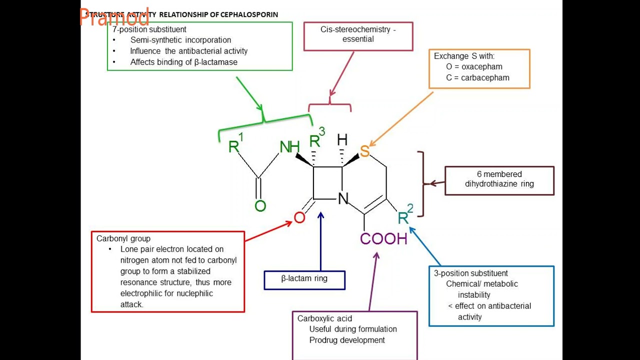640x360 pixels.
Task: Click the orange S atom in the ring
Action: pos(364,151)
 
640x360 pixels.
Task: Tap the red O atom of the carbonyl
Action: pos(299,217)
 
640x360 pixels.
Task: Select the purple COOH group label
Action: pos(383,239)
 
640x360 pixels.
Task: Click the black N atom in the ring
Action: pos(343,199)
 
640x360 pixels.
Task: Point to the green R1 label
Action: pos(235,144)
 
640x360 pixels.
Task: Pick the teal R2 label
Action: pos(404,216)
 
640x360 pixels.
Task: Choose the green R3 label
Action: pos(316,139)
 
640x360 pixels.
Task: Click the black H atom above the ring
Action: pos(342,139)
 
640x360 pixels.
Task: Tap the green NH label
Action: pos(289,147)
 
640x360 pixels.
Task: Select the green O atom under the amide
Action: pos(260,205)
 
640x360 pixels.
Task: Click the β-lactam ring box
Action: pos(304,279)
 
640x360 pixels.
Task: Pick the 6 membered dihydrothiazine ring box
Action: pos(499,179)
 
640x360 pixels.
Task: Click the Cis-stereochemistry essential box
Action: pos(358,34)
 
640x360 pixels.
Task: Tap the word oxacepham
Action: pos(481,66)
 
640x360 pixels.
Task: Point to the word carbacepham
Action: pos(485,77)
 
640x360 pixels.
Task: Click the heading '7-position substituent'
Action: pos(149,29)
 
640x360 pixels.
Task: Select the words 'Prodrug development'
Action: pos(347,340)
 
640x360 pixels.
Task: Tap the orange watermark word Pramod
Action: pos(114,18)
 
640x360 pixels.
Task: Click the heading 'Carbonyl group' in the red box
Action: pos(123,238)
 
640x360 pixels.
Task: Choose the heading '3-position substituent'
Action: pos(470,273)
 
